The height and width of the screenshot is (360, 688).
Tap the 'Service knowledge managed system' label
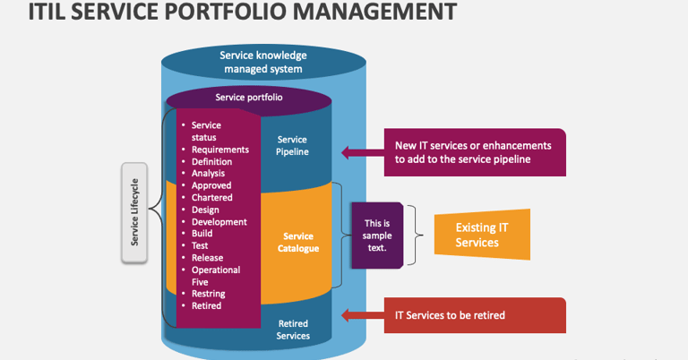263,63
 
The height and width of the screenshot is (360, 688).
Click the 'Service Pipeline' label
292,146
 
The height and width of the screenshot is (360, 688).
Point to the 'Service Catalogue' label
298,242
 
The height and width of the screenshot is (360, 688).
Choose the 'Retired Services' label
293,330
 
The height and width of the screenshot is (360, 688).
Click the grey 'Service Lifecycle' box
134,212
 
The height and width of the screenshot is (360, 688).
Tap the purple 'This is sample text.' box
377,236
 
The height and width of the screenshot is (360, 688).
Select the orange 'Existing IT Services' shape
482,235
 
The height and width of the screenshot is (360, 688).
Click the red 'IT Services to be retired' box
475,315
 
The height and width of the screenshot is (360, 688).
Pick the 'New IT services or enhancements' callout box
475,152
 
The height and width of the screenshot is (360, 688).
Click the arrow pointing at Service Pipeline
363,152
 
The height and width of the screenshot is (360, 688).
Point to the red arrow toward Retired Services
363,315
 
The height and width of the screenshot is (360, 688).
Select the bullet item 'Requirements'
219,150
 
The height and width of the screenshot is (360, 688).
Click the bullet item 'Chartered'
212,197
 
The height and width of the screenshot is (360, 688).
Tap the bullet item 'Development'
219,222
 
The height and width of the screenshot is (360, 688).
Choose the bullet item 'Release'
207,258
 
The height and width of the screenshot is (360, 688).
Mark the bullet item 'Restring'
209,294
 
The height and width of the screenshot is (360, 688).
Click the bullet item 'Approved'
211,185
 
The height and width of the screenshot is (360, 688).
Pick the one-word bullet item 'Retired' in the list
206,305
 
